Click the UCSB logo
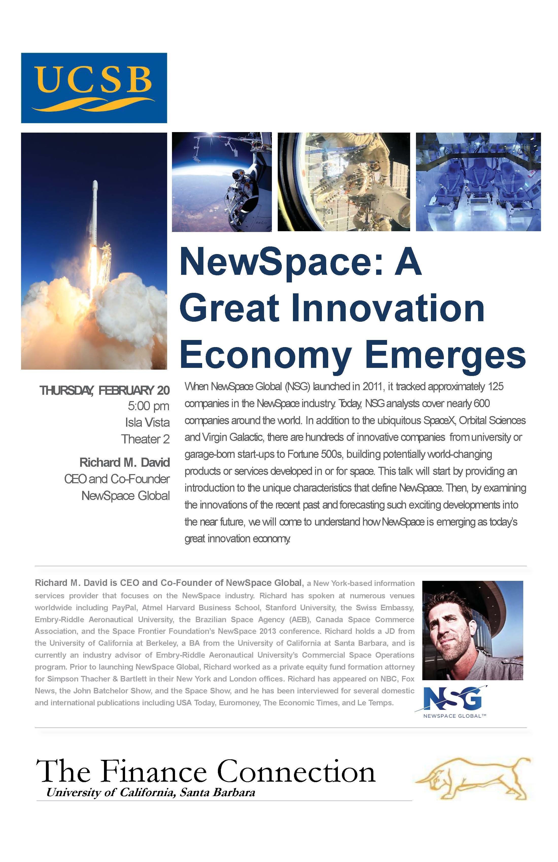tap(94, 88)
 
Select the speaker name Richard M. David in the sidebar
tap(124, 462)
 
